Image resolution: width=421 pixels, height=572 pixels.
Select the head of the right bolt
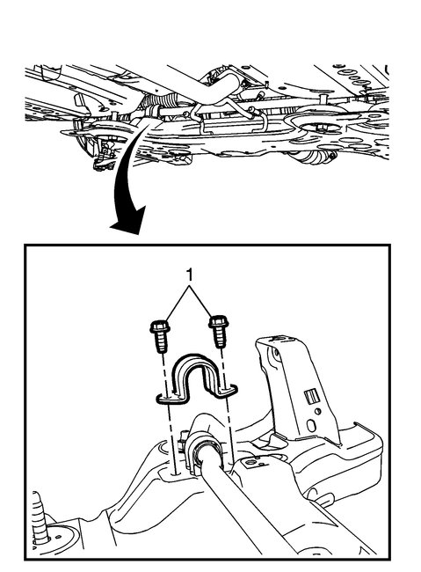point(216,324)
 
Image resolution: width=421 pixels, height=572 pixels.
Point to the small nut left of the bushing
point(182,438)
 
